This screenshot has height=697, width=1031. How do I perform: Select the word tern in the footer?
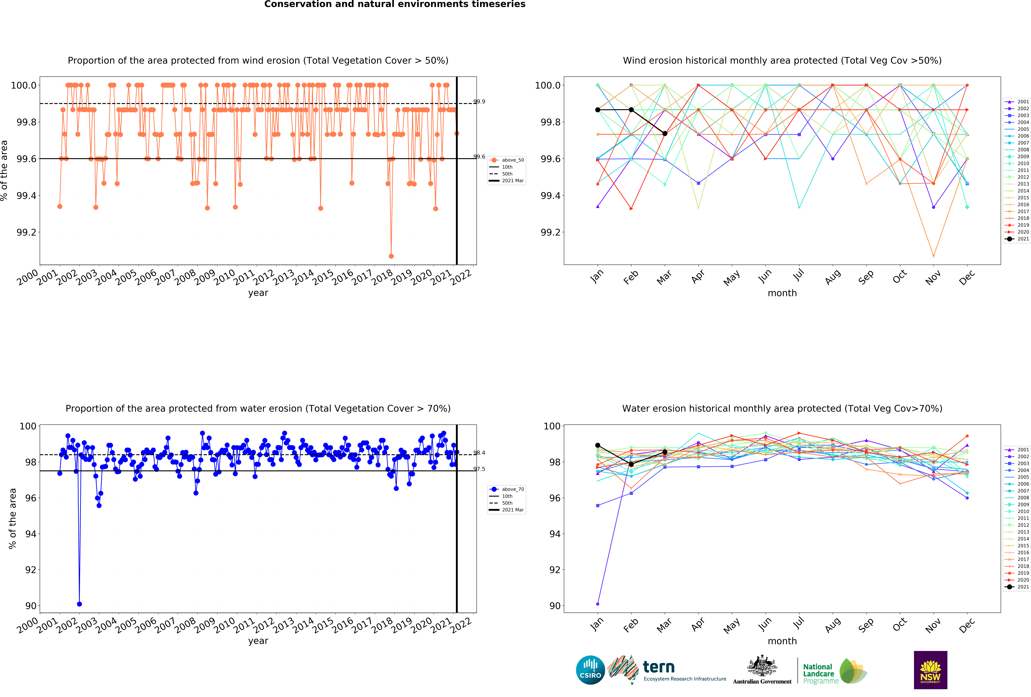[x=659, y=667]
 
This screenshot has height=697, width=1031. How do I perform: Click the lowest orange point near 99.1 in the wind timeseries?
[x=391, y=256]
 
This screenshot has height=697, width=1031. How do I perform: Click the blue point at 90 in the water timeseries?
[x=79, y=604]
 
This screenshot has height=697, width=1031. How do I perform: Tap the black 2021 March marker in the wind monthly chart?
[x=665, y=134]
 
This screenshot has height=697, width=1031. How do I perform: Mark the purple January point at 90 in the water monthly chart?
[x=598, y=604]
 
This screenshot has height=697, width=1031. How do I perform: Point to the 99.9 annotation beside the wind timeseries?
[x=479, y=102]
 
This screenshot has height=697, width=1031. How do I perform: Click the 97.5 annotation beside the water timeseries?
[x=479, y=469]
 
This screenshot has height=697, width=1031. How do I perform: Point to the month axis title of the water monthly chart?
[x=782, y=641]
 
